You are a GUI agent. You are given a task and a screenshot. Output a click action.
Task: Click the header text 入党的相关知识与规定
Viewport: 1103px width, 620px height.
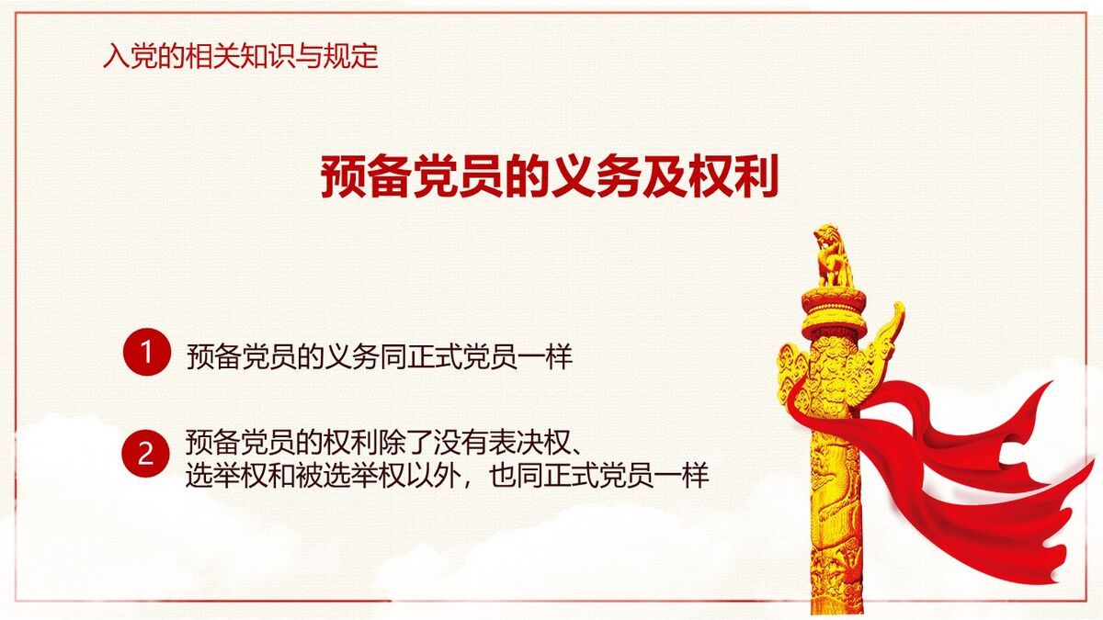(x=241, y=57)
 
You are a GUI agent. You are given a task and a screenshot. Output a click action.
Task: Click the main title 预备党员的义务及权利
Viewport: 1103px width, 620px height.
(x=550, y=176)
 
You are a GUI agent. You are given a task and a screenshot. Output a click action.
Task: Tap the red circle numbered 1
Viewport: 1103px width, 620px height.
(x=147, y=352)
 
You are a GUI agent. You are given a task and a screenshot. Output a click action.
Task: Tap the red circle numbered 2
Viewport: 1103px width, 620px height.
(x=147, y=453)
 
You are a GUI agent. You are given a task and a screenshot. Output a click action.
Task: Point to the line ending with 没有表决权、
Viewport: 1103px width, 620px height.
(x=382, y=442)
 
